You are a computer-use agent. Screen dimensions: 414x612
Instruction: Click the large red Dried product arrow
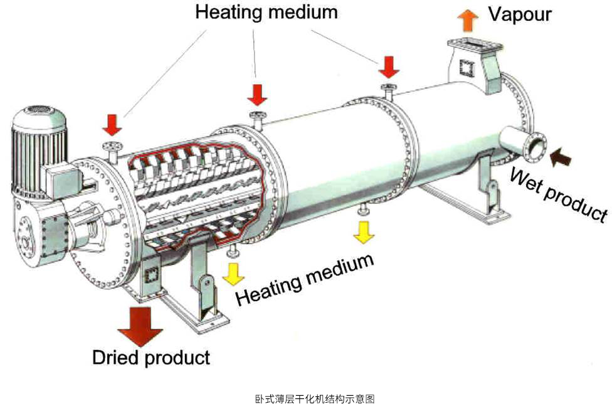pyautogui.click(x=139, y=324)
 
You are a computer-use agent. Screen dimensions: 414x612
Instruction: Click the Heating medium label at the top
pyautogui.click(x=266, y=12)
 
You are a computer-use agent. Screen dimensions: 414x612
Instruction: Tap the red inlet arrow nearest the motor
pyautogui.click(x=112, y=124)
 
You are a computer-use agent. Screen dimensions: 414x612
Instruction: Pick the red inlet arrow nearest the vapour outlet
pyautogui.click(x=389, y=66)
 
